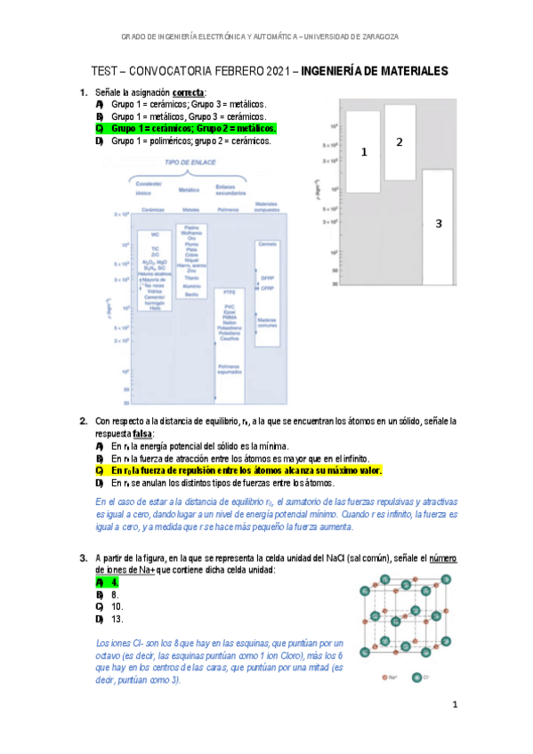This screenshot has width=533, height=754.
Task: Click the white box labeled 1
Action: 364,152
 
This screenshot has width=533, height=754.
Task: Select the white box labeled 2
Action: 400,142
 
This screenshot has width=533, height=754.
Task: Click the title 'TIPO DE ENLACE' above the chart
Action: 190,164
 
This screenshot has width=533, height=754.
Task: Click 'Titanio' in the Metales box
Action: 191,277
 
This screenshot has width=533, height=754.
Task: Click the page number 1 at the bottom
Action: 454,705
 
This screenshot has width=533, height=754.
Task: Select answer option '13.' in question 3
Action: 117,619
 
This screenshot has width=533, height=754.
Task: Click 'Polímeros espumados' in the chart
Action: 230,367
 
